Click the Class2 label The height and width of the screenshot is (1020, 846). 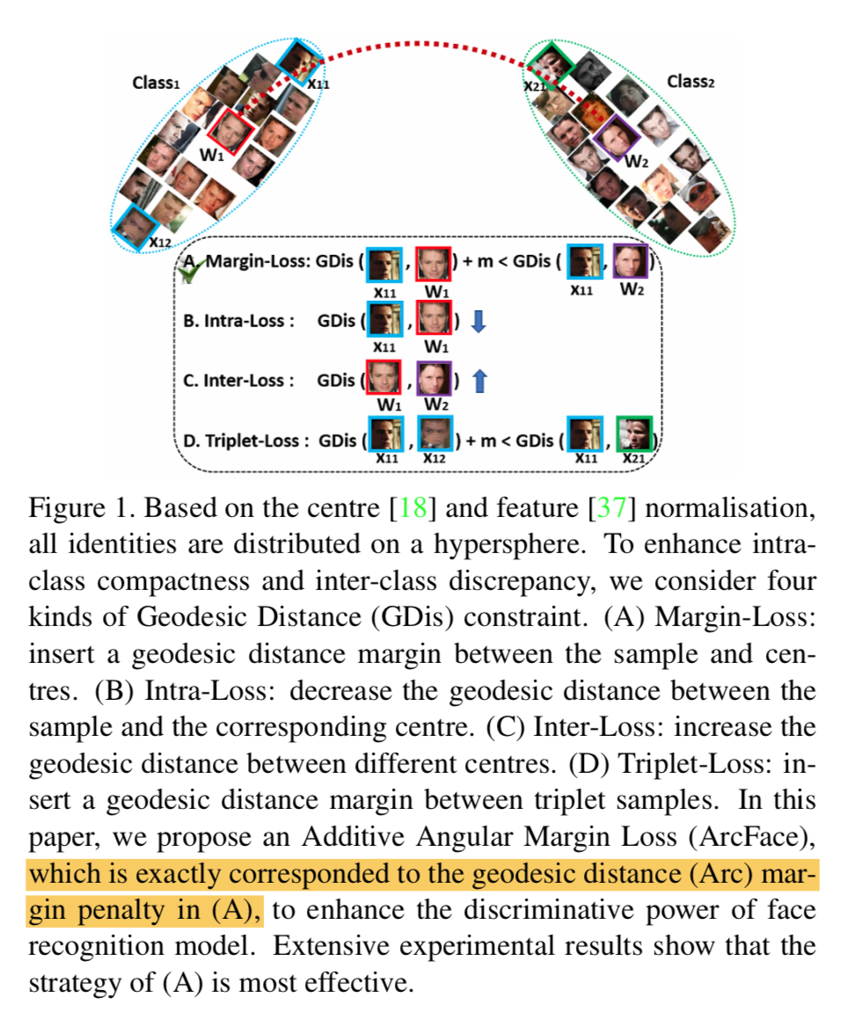click(690, 82)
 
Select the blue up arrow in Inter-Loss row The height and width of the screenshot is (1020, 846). click(479, 381)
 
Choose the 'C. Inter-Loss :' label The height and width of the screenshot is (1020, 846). click(234, 381)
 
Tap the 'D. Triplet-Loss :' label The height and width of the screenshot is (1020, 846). click(245, 439)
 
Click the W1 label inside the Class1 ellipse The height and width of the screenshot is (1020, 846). click(211, 155)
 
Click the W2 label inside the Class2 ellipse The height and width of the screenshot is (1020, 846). click(636, 162)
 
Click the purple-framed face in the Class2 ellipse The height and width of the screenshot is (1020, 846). click(615, 134)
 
